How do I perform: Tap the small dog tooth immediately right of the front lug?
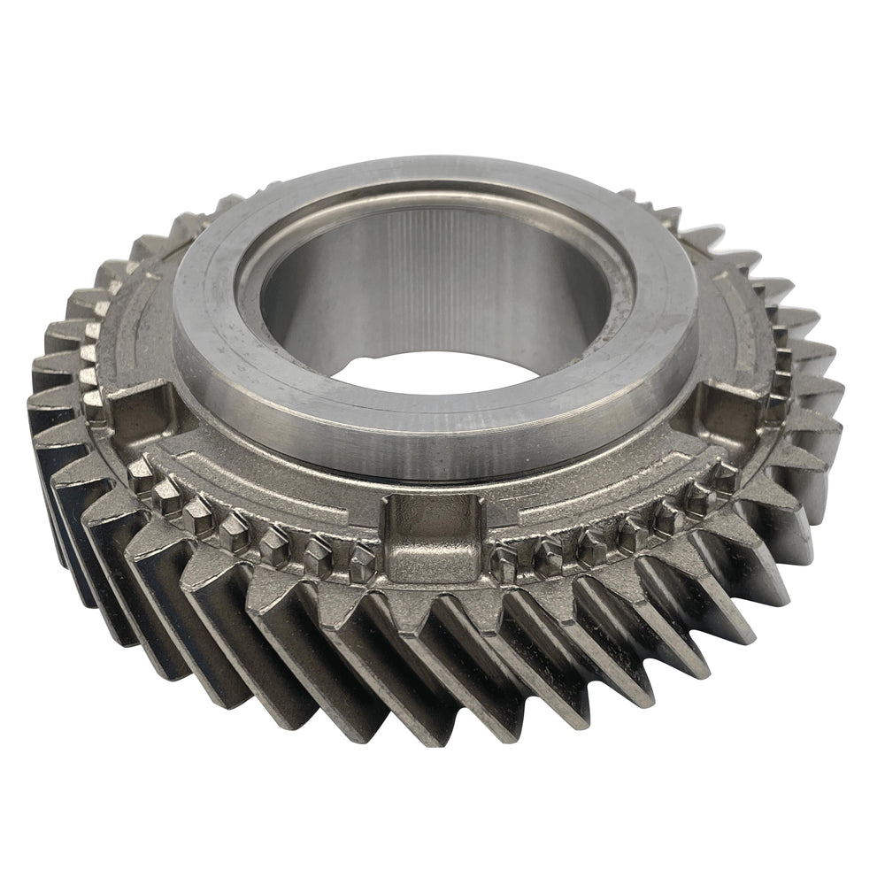tap(506, 563)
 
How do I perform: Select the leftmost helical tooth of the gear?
tap(53, 416)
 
